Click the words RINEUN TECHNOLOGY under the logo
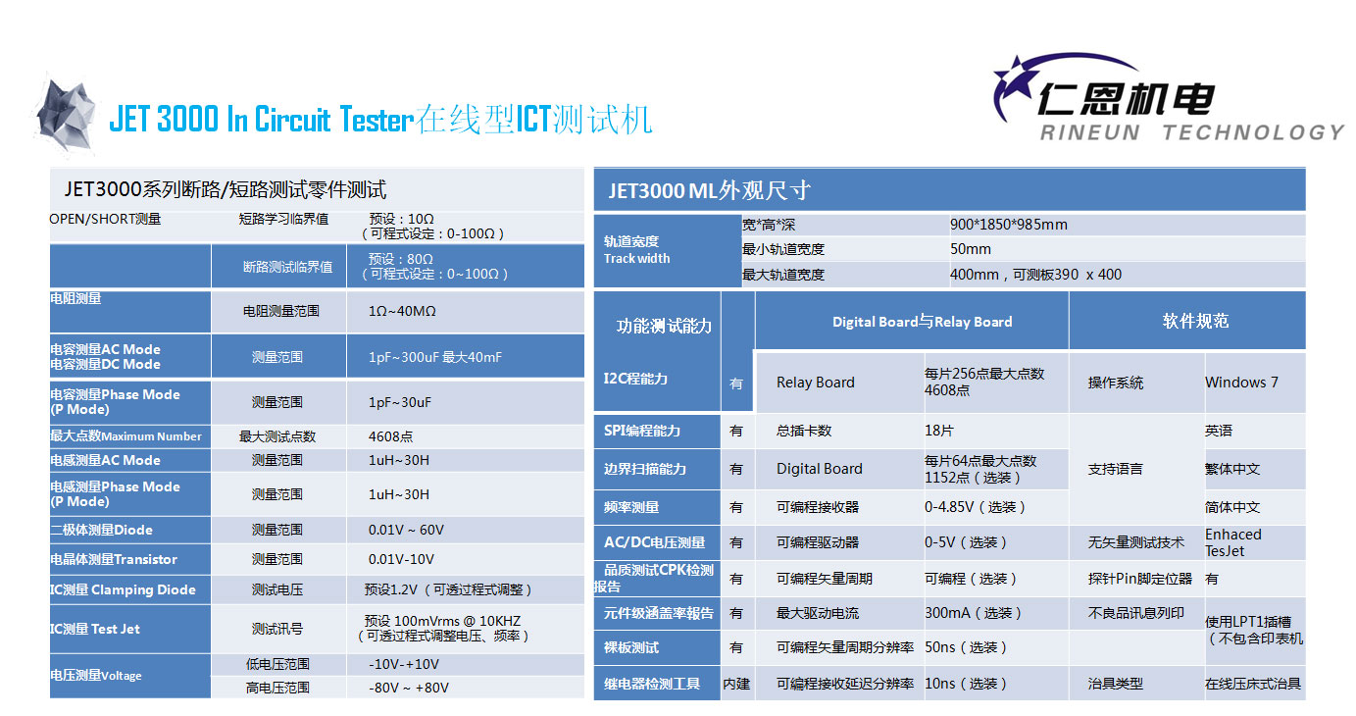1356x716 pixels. pos(1191,132)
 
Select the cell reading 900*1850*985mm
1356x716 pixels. pos(1009,225)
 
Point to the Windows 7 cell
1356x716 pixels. pos(1241,383)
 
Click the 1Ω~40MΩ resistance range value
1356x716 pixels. pos(402,311)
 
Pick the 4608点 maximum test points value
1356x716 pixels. pos(390,436)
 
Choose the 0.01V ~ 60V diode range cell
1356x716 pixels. pos(406,530)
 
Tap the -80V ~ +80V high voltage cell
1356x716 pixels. pos(409,689)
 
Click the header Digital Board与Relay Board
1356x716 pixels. pos(922,322)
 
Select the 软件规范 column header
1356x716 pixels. pos(1195,321)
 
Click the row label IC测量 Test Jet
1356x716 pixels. pos(94,629)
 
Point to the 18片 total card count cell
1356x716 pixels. pos(939,431)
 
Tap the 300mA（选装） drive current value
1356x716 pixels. pos(974,613)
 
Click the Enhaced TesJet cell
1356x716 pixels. pos(1233,542)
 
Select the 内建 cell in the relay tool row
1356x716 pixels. pos(736,684)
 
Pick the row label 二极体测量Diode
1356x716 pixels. pos(101,530)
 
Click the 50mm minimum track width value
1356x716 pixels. pos(971,249)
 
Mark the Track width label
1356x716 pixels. pos(637,259)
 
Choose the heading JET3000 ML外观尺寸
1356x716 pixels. pos(710,191)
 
